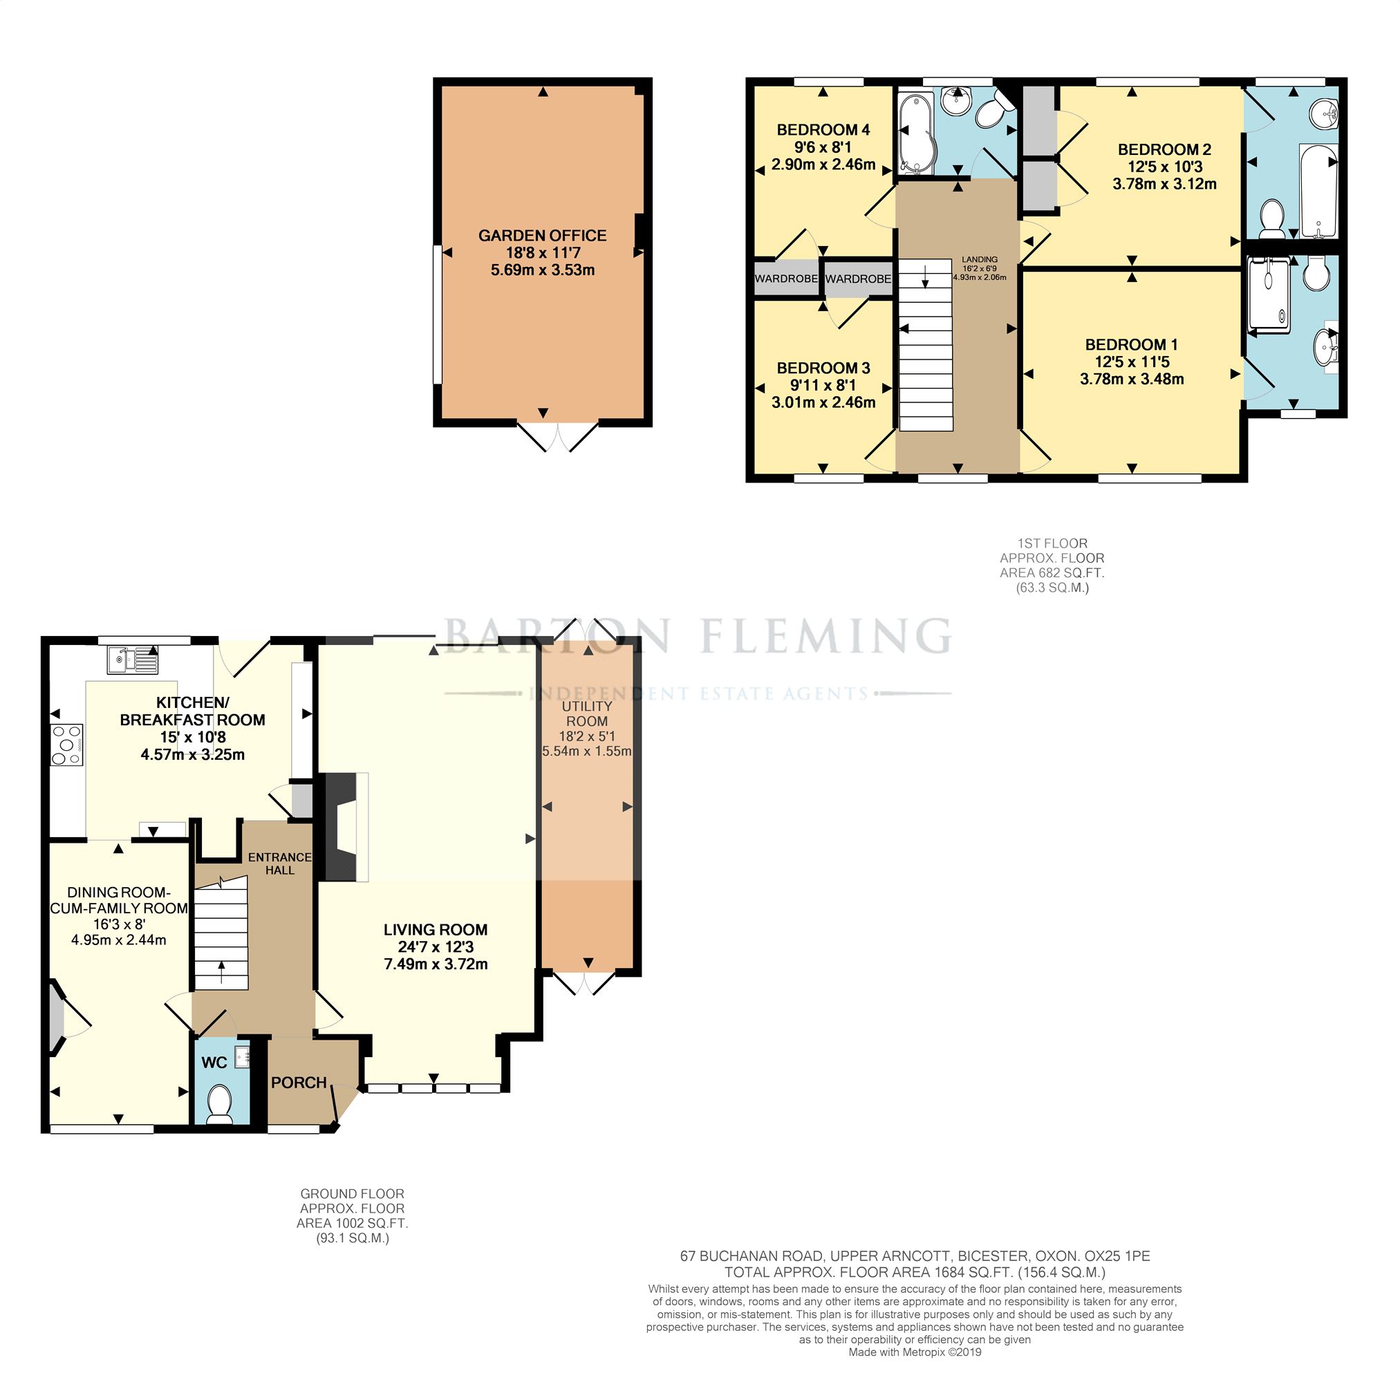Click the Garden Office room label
click(542, 236)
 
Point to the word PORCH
click(299, 1083)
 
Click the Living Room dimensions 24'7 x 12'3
click(436, 946)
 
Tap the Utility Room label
click(587, 713)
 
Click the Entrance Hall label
click(280, 863)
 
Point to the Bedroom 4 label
click(823, 130)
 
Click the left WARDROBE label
click(786, 279)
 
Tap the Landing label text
click(980, 259)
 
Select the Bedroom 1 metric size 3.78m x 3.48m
click(1132, 379)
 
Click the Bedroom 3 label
click(823, 368)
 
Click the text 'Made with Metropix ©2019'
click(915, 1352)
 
